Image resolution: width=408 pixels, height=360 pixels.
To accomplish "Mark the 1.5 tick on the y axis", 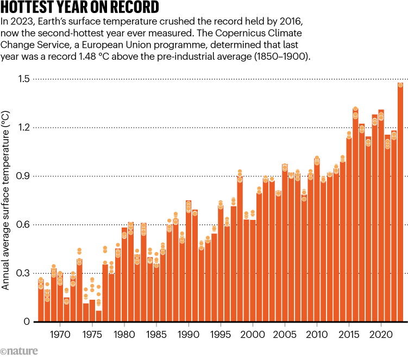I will point(22,79).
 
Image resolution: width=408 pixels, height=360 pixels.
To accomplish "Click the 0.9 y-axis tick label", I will point(22,176).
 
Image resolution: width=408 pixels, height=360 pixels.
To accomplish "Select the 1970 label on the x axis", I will point(60,332).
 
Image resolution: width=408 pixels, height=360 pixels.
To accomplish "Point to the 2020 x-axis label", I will point(381,332).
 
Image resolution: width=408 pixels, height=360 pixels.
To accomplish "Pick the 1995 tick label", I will point(221,332).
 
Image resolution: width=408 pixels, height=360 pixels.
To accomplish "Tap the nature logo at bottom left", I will point(20,351).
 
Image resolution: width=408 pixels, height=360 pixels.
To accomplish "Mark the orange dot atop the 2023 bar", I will point(400,85).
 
